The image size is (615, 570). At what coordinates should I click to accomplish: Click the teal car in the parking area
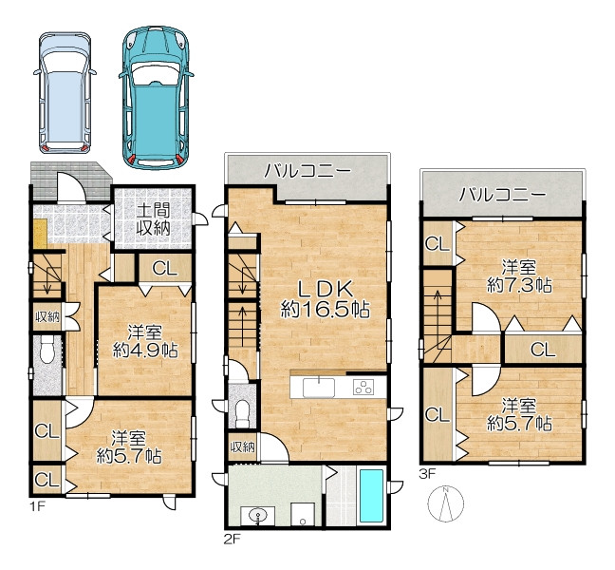(156, 97)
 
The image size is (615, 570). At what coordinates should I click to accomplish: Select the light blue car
(65, 93)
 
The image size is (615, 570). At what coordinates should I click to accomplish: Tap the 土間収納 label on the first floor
(153, 219)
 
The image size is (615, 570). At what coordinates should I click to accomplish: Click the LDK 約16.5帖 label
(325, 299)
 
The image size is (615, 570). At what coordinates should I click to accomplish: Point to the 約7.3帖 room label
(519, 277)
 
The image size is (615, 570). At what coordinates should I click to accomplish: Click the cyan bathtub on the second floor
(371, 496)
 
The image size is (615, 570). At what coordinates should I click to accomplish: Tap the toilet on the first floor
(47, 351)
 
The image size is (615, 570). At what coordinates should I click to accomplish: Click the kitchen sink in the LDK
(319, 388)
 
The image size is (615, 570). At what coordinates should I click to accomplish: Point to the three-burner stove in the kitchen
(363, 388)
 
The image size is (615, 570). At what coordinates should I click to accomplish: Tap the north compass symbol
(445, 503)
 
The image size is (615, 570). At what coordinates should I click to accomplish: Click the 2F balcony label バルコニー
(307, 171)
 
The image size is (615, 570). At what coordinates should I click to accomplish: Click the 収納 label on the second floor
(242, 446)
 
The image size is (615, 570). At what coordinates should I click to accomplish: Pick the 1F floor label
(38, 506)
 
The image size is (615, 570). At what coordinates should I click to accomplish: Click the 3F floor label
(427, 474)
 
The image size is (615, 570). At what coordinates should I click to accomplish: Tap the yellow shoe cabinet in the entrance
(40, 234)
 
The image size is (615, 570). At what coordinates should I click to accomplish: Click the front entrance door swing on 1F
(71, 188)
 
